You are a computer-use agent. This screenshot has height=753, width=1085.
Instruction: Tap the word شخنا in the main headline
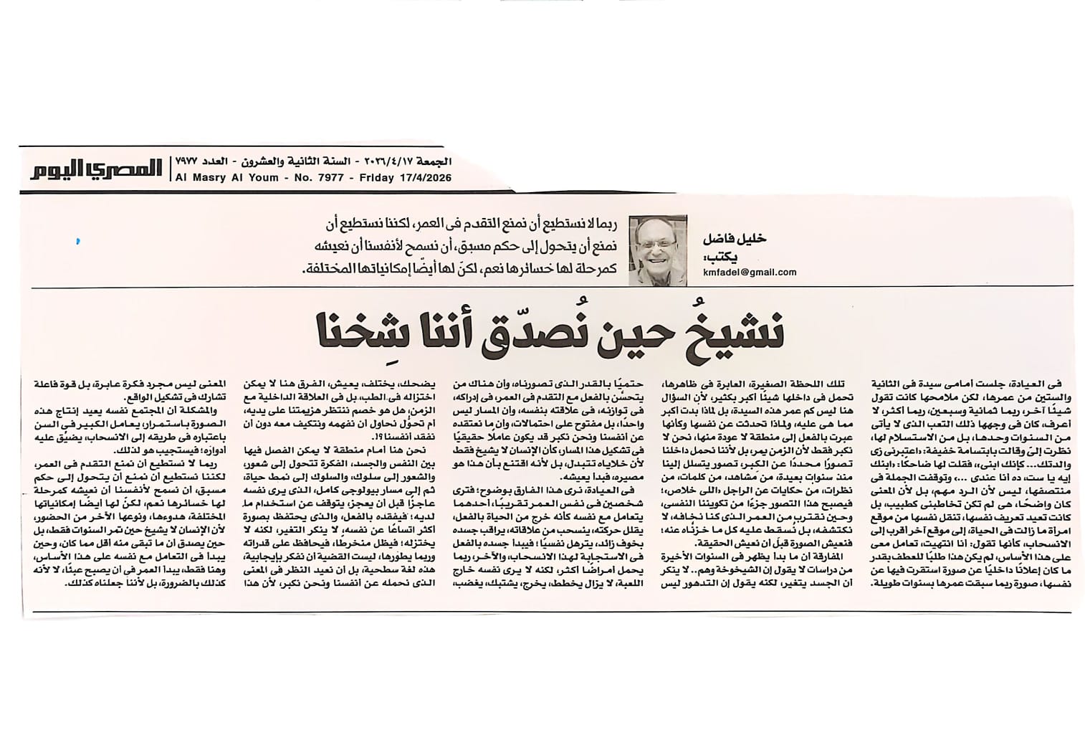pyautogui.click(x=353, y=330)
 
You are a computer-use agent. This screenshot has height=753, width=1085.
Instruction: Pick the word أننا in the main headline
pyautogui.click(x=451, y=330)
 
